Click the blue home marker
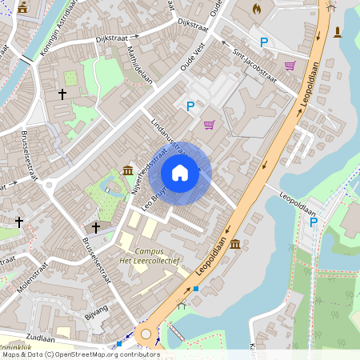tap(180, 173)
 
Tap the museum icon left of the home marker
tap(128, 170)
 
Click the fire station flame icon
tap(257, 9)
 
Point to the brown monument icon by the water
tap(337, 32)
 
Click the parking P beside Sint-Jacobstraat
tap(263, 42)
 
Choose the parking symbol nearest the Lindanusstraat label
tap(190, 106)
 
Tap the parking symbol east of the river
tap(314, 222)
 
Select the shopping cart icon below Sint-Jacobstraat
tap(290, 66)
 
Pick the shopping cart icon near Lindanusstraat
tap(209, 124)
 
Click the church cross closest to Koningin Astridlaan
tap(62, 94)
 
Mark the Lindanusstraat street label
tap(168, 137)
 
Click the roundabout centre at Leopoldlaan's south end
tap(145, 334)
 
